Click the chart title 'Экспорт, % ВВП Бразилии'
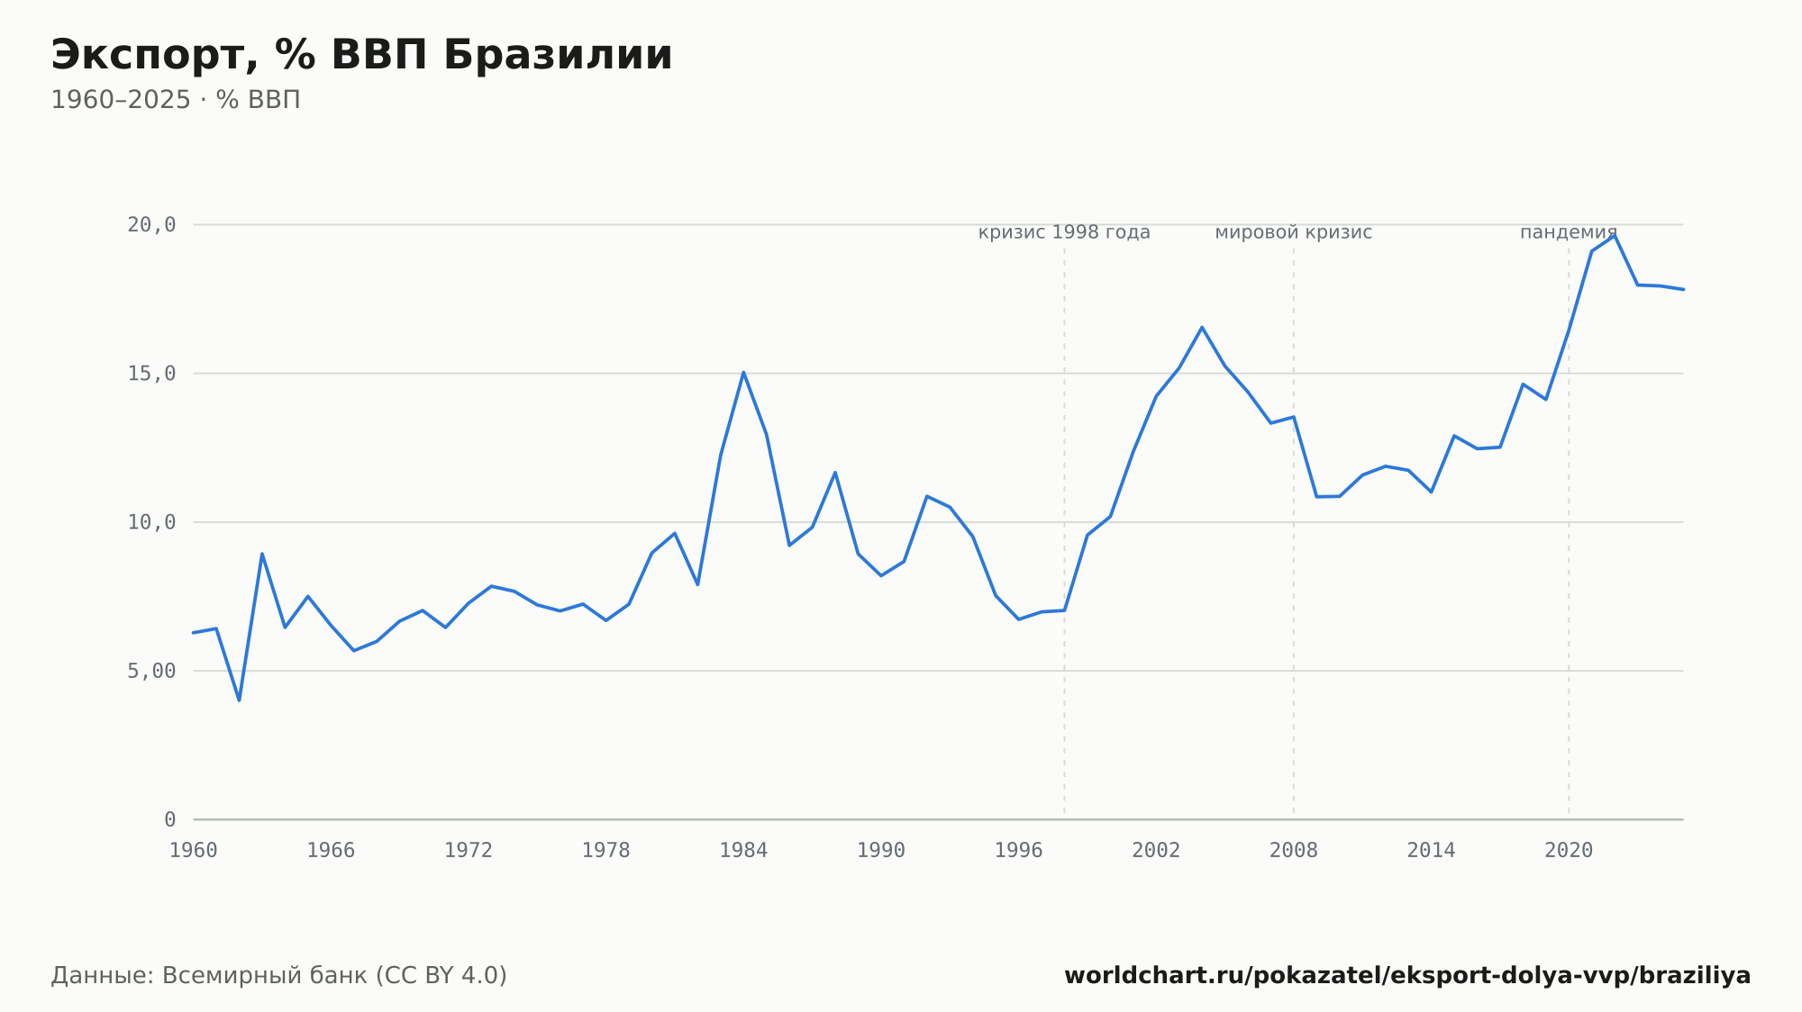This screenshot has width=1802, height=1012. coord(361,56)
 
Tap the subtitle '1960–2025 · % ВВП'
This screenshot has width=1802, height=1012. coord(176,100)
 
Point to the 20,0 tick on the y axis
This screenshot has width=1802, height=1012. coord(151,225)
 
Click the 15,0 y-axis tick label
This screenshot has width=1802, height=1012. coord(151,374)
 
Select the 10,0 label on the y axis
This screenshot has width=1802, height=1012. coord(151,522)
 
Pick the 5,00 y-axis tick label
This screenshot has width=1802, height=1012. coord(151,671)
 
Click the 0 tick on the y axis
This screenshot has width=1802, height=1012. coord(170,819)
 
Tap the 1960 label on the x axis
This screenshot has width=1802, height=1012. coord(194,851)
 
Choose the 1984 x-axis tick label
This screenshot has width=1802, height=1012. coord(743,851)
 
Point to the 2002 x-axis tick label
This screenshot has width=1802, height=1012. coord(1156,851)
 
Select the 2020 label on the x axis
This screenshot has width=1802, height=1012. coord(1569,851)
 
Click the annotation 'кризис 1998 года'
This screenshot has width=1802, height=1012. coord(1064,233)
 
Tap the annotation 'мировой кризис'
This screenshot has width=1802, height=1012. coord(1294,233)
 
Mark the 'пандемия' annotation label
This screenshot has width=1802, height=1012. coord(1569,233)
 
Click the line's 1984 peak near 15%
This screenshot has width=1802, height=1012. coord(743,372)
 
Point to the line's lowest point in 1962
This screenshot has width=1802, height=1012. coord(239,700)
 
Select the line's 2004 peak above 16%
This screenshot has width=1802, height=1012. coord(1202,327)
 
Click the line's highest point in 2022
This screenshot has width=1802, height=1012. coord(1615,235)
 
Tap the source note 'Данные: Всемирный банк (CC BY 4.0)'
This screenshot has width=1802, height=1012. coord(278,976)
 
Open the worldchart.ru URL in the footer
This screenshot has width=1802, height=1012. coord(1407,976)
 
